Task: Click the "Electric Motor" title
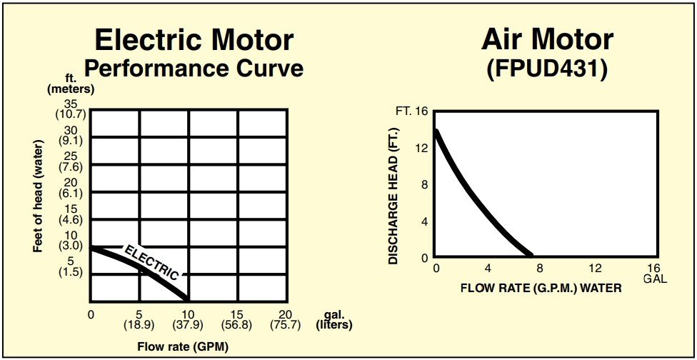coord(194,40)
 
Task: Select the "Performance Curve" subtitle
coord(194,69)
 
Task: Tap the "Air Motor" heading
coord(547,40)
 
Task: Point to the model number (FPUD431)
coord(547,69)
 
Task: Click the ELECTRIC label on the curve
coord(151,261)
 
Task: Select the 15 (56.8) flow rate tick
coord(237,320)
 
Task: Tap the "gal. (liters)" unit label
coord(334,320)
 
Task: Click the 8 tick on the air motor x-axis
coord(541,268)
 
